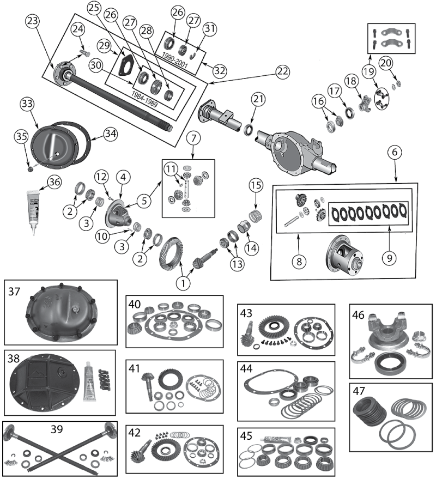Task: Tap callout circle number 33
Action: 27,104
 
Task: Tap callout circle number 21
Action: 258,100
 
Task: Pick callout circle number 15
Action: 256,184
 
